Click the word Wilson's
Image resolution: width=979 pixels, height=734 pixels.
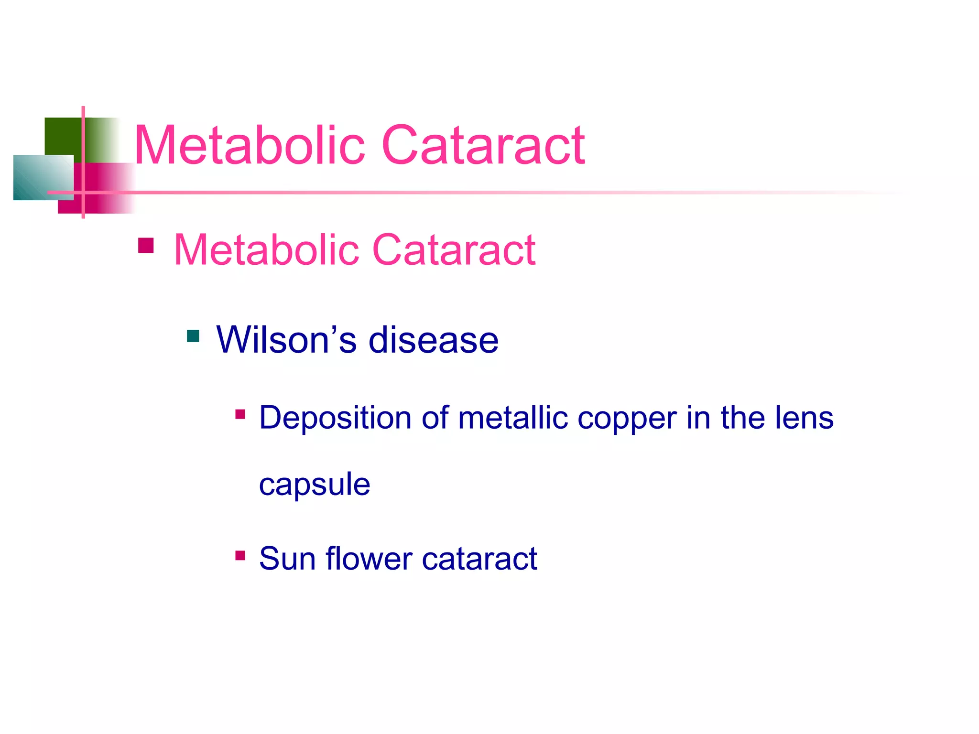286,340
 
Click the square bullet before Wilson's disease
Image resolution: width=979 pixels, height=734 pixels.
193,336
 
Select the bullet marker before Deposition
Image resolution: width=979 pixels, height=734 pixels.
240,414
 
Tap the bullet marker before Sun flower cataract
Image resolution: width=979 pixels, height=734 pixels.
240,555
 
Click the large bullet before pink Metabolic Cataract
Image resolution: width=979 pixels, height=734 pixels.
146,246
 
